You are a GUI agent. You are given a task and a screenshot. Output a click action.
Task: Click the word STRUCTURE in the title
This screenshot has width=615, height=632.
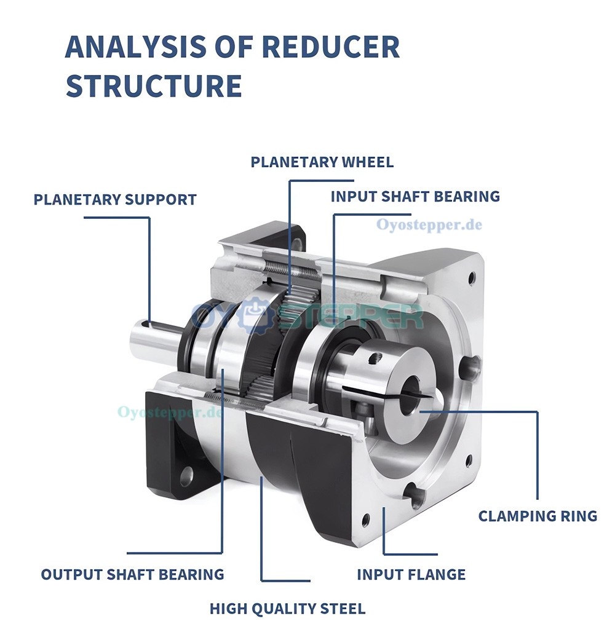pos(153,86)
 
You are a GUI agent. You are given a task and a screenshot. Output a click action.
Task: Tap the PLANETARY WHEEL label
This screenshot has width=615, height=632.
pos(322,162)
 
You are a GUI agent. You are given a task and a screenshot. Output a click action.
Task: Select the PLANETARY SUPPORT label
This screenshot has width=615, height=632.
pos(115,200)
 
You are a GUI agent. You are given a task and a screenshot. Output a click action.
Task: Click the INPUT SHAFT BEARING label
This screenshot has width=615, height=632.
pos(415,197)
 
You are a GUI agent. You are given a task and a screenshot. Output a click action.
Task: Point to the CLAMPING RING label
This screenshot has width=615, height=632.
pos(538,516)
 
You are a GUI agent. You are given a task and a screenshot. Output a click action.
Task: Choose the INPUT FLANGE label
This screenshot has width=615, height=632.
pos(411,575)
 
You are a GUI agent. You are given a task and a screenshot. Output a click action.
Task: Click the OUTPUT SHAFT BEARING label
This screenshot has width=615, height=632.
pos(132,575)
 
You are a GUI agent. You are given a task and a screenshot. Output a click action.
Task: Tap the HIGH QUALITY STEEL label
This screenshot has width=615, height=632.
pos(287,609)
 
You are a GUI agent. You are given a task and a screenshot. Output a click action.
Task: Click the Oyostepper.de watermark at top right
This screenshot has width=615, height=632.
pos(429,224)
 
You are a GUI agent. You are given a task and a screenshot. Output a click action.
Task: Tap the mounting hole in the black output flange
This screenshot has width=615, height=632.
pos(186,475)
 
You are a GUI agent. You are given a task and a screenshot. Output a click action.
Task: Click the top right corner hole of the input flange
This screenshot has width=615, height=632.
pos(471,278)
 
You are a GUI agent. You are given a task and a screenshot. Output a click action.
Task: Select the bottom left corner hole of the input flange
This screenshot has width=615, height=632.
pos(367,520)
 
